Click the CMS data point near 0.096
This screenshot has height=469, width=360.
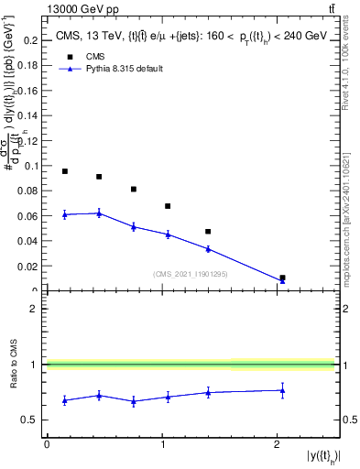pos(64,171)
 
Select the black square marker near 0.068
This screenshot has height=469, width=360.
pos(168,206)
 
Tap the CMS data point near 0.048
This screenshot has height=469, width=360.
pos(208,232)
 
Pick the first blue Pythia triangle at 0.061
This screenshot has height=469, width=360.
pos(64,214)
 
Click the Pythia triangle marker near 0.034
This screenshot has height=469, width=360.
pos(208,248)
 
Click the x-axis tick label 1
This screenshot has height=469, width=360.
pos(162,444)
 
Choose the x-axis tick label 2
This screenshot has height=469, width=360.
pos(277,444)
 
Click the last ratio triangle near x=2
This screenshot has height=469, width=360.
pos(282,390)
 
